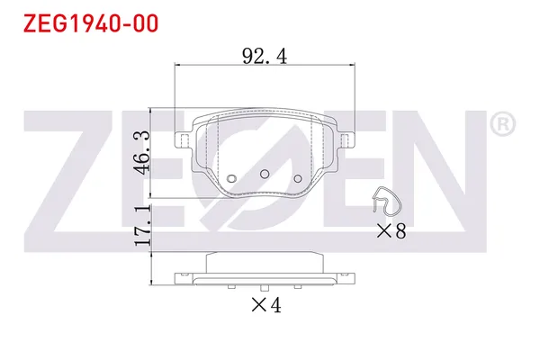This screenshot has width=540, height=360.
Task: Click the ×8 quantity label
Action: tap(391, 232)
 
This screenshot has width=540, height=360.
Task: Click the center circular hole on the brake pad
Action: tap(265, 173)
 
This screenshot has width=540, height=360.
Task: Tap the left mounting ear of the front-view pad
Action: tap(182, 139)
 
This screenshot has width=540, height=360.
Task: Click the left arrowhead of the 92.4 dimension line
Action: tap(176, 66)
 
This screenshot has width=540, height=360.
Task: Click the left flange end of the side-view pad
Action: tap(181, 278)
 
